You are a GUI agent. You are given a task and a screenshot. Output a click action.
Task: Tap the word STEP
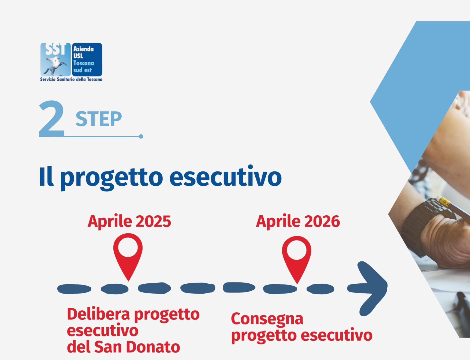coord(99,119)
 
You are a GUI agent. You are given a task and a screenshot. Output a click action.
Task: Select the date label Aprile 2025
coord(129,222)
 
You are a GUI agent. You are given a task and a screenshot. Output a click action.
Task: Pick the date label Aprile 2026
coord(298,222)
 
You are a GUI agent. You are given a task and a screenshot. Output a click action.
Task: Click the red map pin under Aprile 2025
coord(128,256)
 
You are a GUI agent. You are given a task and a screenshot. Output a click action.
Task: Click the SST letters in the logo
coord(55,49)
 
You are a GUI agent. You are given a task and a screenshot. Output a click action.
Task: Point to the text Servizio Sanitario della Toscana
coord(71,79)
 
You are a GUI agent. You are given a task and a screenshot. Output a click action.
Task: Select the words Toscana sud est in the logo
coord(84,67)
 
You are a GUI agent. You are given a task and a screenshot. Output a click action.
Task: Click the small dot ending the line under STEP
coord(141,136)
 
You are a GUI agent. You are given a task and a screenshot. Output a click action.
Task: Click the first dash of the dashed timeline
coord(74,289)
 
